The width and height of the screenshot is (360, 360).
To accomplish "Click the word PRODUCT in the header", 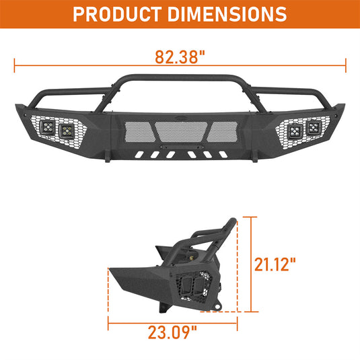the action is pyautogui.click(x=116, y=14).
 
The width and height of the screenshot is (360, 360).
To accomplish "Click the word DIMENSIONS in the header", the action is pyautogui.click(x=227, y=14).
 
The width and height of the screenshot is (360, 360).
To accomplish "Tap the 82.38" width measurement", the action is pyautogui.click(x=180, y=57).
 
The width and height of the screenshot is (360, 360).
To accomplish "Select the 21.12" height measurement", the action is pyautogui.click(x=275, y=264).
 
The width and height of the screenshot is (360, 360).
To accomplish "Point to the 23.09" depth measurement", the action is pyautogui.click(x=172, y=332).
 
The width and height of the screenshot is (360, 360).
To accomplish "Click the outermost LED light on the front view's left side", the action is pyautogui.click(x=48, y=127).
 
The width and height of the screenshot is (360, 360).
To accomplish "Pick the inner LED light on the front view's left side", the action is pyautogui.click(x=67, y=131).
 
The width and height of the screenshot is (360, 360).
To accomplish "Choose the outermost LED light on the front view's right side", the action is pyautogui.click(x=314, y=127).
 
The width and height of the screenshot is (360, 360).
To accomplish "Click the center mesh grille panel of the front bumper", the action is pyautogui.click(x=181, y=132).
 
